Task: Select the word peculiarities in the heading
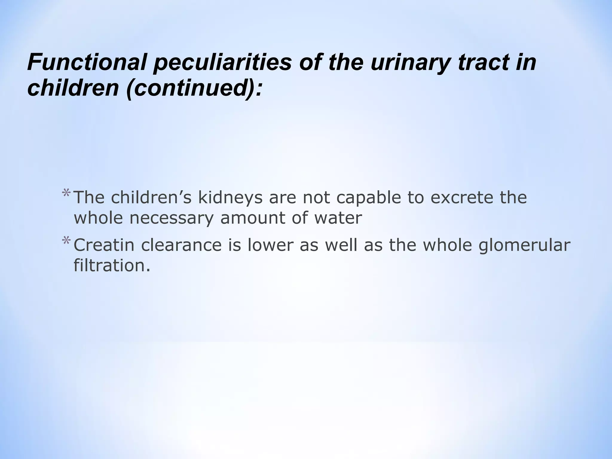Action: point(222,63)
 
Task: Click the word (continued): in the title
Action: point(194,88)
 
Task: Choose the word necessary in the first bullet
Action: point(172,218)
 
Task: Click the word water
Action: point(338,218)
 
